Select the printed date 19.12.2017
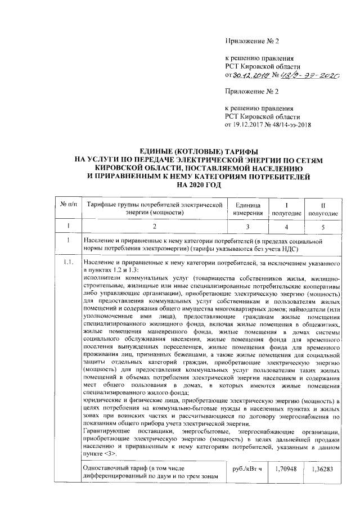251,125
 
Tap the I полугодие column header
287,210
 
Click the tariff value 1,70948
287,468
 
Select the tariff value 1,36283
323,468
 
